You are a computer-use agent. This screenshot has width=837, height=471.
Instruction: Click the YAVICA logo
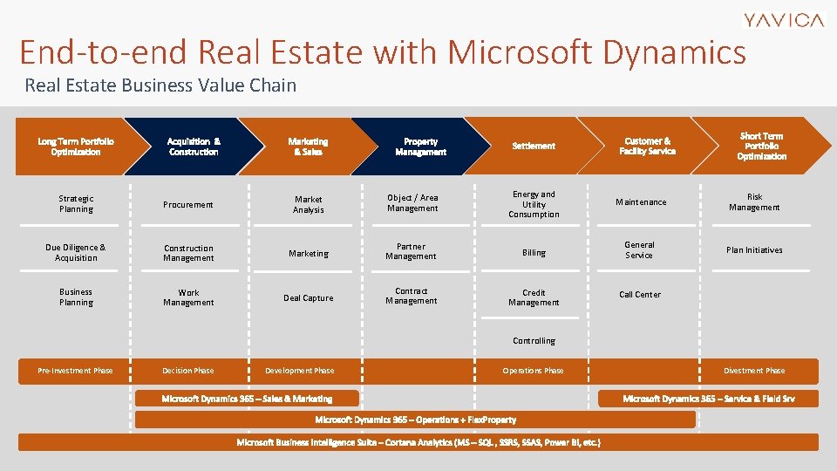783,20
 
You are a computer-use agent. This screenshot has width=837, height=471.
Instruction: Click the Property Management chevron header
420,147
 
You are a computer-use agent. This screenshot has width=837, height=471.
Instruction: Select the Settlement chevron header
534,147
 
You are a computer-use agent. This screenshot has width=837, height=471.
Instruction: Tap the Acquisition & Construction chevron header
193,147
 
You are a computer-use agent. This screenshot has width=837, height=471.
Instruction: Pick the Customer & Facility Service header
647,147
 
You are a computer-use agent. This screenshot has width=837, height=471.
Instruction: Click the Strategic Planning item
76,204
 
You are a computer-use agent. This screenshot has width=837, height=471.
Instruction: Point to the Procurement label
188,205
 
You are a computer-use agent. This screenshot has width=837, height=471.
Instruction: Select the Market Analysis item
308,205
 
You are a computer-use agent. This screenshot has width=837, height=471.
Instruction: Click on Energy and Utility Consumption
534,204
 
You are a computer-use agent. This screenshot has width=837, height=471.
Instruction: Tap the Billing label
534,253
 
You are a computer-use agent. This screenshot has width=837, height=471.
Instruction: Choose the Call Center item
639,295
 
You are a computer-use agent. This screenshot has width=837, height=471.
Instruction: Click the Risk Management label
754,202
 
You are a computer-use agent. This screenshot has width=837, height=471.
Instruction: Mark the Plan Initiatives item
754,250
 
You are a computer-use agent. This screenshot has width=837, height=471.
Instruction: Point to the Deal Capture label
308,298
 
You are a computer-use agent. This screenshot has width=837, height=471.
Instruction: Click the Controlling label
534,341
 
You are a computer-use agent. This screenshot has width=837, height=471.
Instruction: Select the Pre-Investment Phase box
75,371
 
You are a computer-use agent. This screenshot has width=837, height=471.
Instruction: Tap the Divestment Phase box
754,371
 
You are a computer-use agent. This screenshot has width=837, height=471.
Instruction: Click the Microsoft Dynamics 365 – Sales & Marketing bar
247,399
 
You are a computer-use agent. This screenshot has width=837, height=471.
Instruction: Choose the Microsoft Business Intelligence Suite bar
418,442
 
